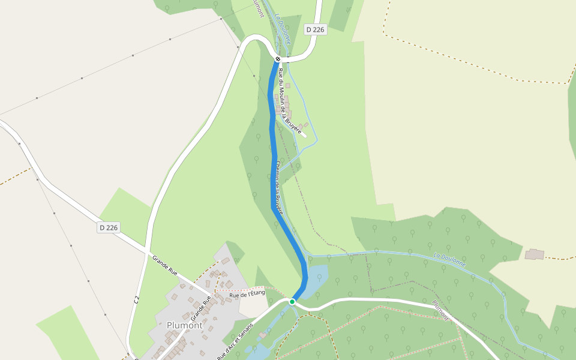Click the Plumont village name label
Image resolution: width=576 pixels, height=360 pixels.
184,326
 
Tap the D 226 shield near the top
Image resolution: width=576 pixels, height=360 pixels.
315,29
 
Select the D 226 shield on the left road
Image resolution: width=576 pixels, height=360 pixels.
109,227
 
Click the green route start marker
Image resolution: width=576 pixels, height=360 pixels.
292,301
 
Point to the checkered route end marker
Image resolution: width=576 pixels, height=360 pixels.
278,59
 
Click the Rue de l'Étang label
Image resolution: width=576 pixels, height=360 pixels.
247,293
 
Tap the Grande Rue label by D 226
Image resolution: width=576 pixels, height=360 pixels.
164,266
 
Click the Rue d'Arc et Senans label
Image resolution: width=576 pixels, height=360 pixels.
235,340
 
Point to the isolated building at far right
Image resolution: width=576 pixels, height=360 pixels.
534,254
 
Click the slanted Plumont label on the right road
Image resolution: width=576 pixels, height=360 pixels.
440,310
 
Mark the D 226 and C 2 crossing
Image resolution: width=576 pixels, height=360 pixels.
147,250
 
